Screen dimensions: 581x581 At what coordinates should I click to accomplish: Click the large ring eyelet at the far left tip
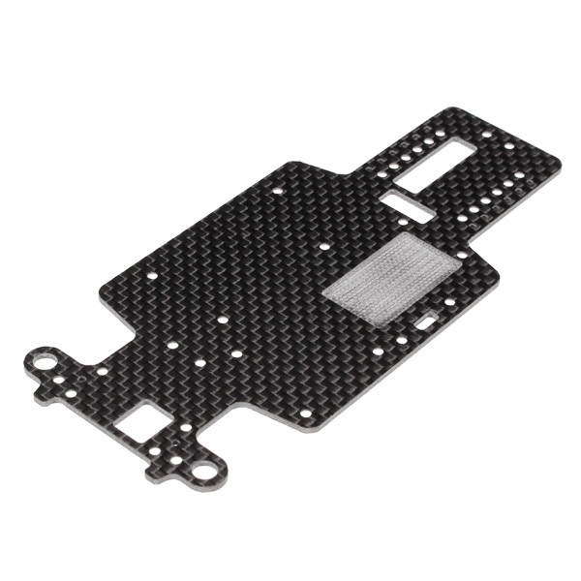pyautogui.click(x=43, y=364)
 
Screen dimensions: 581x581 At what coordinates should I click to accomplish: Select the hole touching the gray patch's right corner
pyautogui.click(x=462, y=255)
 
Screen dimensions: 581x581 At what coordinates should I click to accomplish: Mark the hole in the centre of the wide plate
pyautogui.click(x=224, y=317)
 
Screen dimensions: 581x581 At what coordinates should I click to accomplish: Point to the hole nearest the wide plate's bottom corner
pyautogui.click(x=306, y=413)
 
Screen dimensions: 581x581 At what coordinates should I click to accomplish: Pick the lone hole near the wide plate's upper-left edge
pyautogui.click(x=279, y=191)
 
